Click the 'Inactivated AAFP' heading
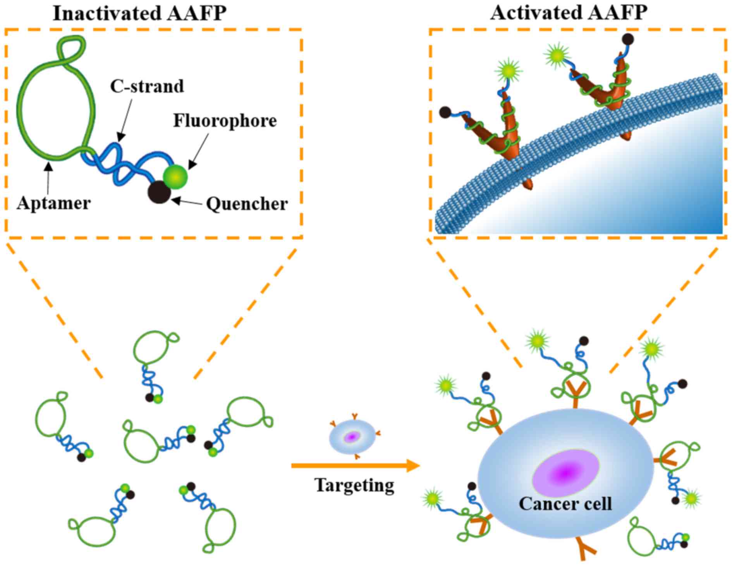tap(139, 13)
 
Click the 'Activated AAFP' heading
tap(569, 12)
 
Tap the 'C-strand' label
tap(147, 86)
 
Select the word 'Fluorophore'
tap(225, 120)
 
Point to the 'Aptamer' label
tap(53, 203)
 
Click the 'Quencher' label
tap(247, 204)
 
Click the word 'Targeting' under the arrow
tap(354, 485)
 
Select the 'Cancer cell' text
tap(565, 504)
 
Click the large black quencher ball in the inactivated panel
tap(159, 192)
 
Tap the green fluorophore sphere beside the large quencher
tap(175, 177)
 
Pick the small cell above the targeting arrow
tap(352, 437)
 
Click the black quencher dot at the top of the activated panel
tap(627, 39)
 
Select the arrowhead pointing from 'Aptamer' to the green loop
tap(48, 166)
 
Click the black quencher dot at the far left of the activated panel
tap(445, 112)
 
